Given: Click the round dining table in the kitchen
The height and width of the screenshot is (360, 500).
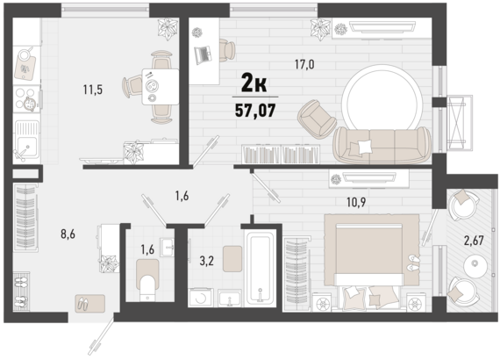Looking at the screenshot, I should [158, 86].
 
